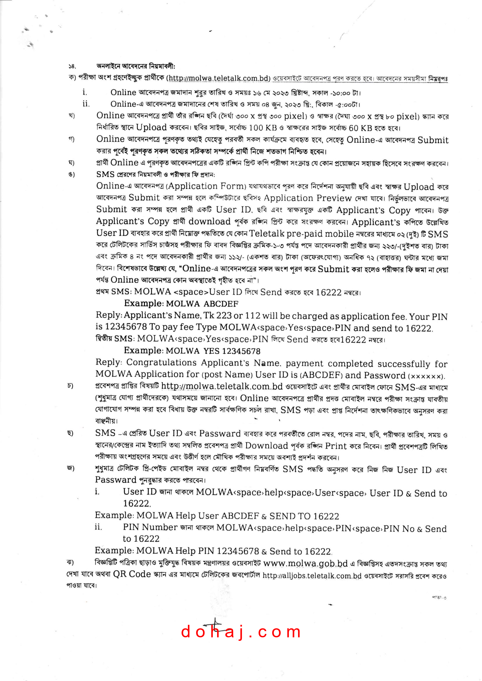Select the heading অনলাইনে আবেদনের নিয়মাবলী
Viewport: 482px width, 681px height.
point(136,66)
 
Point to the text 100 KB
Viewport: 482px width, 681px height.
point(263,128)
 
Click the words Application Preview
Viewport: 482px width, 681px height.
point(307,198)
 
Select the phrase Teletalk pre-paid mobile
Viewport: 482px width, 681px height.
point(301,234)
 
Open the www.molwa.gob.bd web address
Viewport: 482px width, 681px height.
point(305,563)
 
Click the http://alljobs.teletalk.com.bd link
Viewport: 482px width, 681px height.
point(312,576)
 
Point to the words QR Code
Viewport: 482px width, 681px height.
point(132,574)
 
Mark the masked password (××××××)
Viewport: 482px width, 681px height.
point(427,376)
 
